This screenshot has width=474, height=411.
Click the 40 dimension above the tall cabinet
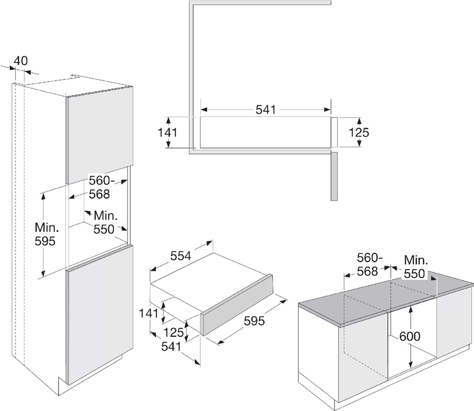[21, 61]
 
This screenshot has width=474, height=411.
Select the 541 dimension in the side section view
[266, 110]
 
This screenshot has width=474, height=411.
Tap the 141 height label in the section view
[168, 132]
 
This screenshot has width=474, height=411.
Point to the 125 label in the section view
[360, 132]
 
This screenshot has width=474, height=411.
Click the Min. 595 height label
[46, 234]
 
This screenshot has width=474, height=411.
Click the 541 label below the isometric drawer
[171, 346]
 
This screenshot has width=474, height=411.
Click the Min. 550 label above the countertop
[416, 267]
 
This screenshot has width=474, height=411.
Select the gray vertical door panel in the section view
[333, 177]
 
